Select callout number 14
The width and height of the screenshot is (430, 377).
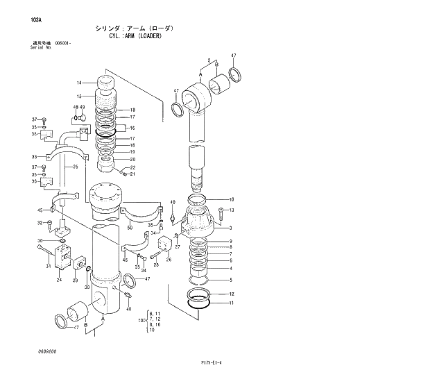80,83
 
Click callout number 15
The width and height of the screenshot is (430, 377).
80,96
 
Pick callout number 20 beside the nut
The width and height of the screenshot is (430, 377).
132,160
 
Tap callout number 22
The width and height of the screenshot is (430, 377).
132,167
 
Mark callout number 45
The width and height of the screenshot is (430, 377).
40,210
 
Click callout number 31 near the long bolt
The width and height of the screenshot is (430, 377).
48,265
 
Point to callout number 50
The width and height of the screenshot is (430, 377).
129,227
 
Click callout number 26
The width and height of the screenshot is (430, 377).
169,260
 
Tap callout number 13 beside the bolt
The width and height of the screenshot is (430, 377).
232,210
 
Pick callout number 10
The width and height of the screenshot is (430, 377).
232,199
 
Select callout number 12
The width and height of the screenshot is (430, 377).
231,294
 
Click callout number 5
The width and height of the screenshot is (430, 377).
231,280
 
